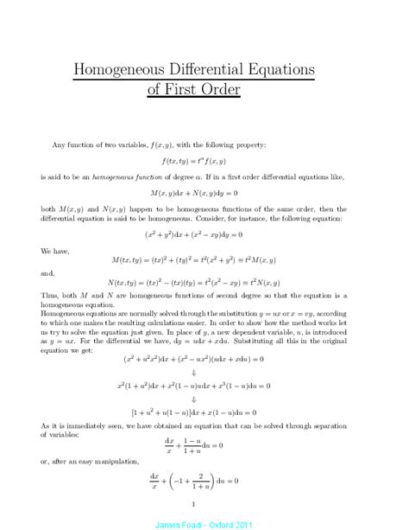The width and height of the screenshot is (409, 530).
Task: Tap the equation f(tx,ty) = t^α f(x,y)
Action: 204,162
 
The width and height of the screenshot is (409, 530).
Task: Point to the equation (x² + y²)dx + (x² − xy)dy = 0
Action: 204,234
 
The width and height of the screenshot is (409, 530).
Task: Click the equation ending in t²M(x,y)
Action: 204,259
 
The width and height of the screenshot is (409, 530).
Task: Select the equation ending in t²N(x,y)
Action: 204,283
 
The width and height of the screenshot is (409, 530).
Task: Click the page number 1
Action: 204,503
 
